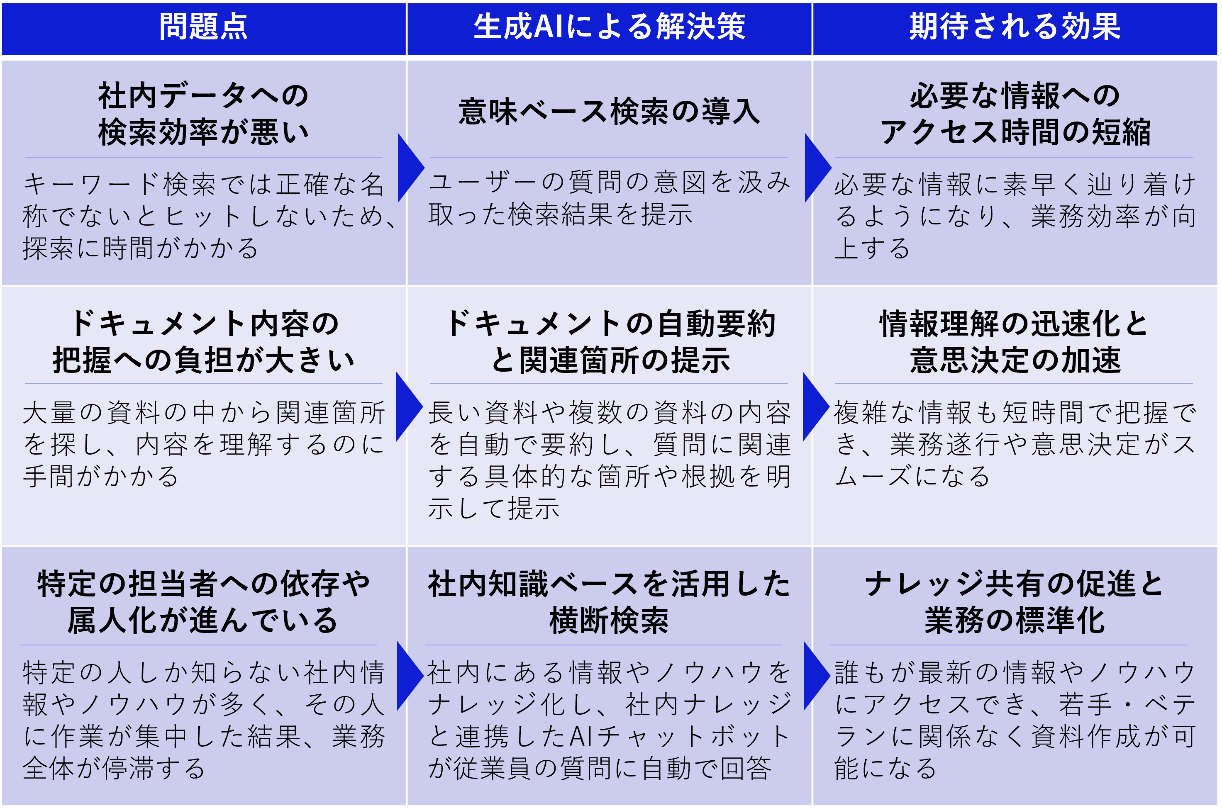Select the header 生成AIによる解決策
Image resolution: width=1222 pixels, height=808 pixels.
point(609,27)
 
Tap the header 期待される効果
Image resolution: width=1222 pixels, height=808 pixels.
point(1014,27)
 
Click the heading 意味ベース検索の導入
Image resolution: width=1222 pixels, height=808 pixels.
point(609,112)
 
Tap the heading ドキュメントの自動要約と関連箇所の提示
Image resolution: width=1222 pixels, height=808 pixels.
point(609,342)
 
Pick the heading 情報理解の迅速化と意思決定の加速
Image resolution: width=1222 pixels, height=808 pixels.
point(1014,342)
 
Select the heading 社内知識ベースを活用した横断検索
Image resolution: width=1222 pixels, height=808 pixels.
point(609,602)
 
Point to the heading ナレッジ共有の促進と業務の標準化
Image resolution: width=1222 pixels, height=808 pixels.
point(1014,602)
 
